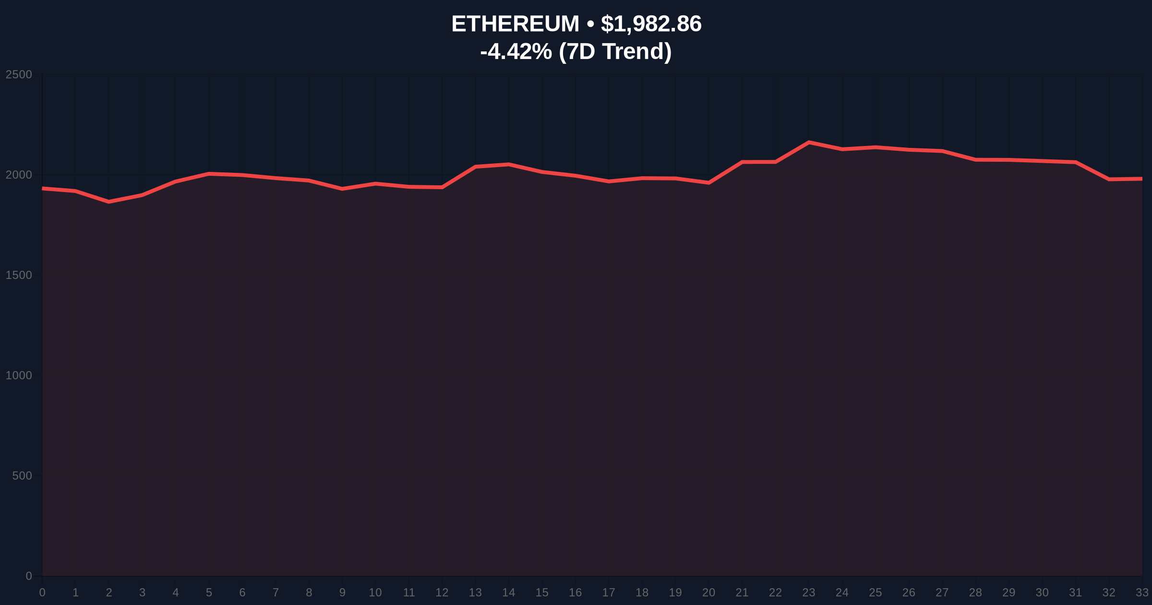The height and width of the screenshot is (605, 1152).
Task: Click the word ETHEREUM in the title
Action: point(515,24)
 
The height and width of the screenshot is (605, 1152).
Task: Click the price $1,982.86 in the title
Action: point(651,24)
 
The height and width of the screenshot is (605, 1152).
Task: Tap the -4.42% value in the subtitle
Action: point(516,51)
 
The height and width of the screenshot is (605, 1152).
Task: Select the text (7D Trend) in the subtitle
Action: point(615,51)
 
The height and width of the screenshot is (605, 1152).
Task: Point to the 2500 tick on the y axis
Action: point(19,74)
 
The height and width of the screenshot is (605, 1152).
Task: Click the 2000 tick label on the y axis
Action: point(19,175)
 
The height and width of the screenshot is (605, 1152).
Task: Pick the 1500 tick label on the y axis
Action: point(19,275)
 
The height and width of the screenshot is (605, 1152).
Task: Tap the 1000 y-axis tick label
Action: point(19,375)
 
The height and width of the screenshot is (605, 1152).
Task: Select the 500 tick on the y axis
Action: point(22,476)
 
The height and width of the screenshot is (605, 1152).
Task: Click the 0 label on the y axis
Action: point(29,576)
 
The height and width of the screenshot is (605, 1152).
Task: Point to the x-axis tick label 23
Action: point(809,593)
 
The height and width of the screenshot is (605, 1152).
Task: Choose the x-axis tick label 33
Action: point(1142,593)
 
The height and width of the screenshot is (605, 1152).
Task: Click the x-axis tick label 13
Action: point(475,593)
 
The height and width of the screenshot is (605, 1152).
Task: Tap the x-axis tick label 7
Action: point(276,593)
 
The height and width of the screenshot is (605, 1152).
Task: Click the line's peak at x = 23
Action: point(809,142)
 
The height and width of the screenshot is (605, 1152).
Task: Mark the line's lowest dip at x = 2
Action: point(109,202)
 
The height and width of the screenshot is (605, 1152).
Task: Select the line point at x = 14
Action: point(509,164)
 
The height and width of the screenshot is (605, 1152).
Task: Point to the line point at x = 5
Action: point(209,174)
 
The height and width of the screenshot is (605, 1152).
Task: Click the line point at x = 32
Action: point(1109,179)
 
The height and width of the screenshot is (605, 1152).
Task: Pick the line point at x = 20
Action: point(709,182)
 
